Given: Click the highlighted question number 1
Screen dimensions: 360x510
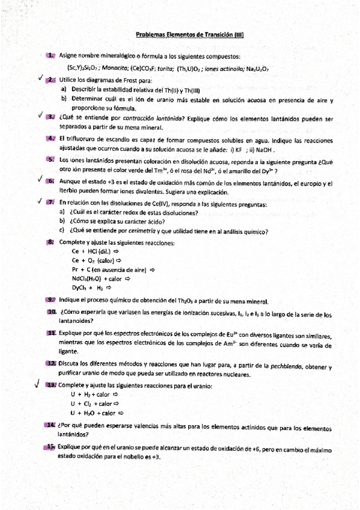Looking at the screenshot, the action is (x=52, y=55).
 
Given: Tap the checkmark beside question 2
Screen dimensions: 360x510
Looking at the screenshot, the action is (x=38, y=78).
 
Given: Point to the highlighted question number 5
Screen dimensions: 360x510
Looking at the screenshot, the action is (x=51, y=159).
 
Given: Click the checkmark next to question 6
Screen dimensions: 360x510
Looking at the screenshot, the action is (x=38, y=179).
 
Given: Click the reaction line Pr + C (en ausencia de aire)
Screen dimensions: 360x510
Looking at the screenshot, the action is (x=113, y=270).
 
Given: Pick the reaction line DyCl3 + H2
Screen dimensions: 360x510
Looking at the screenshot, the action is (x=92, y=288).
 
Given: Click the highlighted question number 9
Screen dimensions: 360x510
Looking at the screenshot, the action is (x=51, y=301).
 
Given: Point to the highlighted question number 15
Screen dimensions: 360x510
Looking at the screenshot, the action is (x=50, y=446).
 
